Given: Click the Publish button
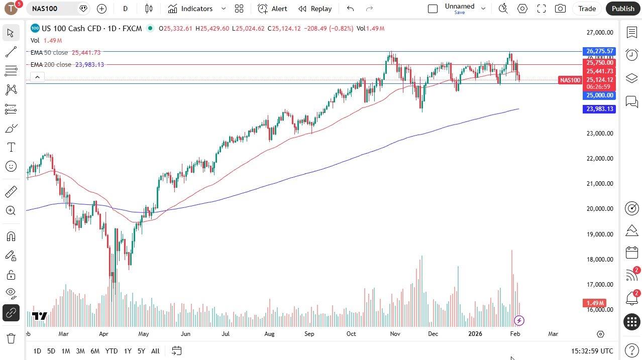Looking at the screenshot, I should point(623,9).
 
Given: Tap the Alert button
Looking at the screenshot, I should point(273,9).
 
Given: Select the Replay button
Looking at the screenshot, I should point(315,9).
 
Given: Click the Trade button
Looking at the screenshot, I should point(587,9).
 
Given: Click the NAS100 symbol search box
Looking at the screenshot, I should point(53,9).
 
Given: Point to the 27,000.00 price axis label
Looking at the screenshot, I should point(600,33).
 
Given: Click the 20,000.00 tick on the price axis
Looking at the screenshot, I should point(600,209).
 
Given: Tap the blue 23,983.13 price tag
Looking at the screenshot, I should point(599,109).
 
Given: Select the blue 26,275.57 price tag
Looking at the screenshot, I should point(599,51).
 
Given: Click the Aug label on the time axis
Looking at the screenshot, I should point(269,334).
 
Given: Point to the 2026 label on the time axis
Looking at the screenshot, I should point(475,334).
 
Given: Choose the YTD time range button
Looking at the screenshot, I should point(112,351).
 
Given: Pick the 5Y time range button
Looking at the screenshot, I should point(141,351).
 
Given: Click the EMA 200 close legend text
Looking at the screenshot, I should point(51,65).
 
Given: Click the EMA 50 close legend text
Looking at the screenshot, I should point(49,53).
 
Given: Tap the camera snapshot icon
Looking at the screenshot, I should point(560,9).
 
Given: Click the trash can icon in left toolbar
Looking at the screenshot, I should point(11,338).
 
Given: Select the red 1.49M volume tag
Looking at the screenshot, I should point(595,303).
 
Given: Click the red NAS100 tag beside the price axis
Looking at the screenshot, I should point(570,80).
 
